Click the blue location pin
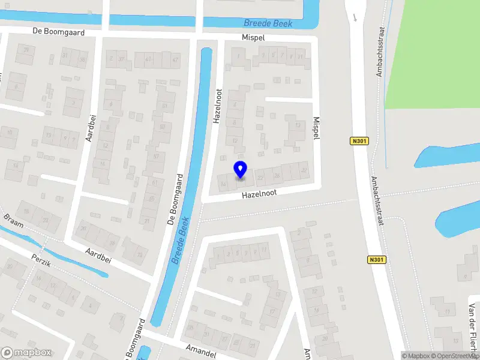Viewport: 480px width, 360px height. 240,170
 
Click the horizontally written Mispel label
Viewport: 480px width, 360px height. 253,37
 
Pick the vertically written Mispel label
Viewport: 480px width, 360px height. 316,128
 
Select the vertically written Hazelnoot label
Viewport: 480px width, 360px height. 218,107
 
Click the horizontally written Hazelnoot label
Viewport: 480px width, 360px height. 259,195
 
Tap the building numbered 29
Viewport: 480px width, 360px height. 26,49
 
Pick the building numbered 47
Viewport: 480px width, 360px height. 175,60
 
